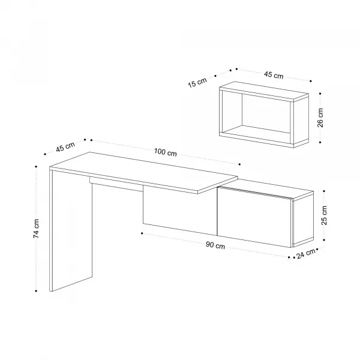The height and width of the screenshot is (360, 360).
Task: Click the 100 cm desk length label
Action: coord(166,152)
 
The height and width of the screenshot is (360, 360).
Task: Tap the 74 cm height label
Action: coord(36,229)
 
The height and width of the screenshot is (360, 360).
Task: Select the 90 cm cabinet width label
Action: coord(215,245)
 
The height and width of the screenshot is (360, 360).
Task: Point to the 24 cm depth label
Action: coord(306,254)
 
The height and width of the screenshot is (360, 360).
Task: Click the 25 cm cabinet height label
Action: coord(324,215)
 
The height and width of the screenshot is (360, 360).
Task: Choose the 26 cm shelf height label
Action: coord(320,118)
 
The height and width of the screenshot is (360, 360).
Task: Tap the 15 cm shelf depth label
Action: coord(197,82)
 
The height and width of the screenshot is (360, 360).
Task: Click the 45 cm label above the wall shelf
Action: coord(274,75)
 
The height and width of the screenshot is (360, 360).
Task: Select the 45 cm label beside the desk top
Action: coord(65,146)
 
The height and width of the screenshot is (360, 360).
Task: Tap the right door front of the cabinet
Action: coord(254,217)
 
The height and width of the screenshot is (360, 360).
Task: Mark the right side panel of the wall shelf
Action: coord(301,122)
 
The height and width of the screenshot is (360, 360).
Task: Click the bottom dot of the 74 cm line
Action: coord(36,291)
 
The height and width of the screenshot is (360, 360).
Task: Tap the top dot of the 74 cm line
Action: coord(36,166)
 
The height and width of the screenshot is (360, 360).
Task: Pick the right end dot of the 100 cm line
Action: coord(239,164)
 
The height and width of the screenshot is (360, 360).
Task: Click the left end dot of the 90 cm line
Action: coord(142,233)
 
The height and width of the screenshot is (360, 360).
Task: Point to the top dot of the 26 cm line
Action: coord(320,94)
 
